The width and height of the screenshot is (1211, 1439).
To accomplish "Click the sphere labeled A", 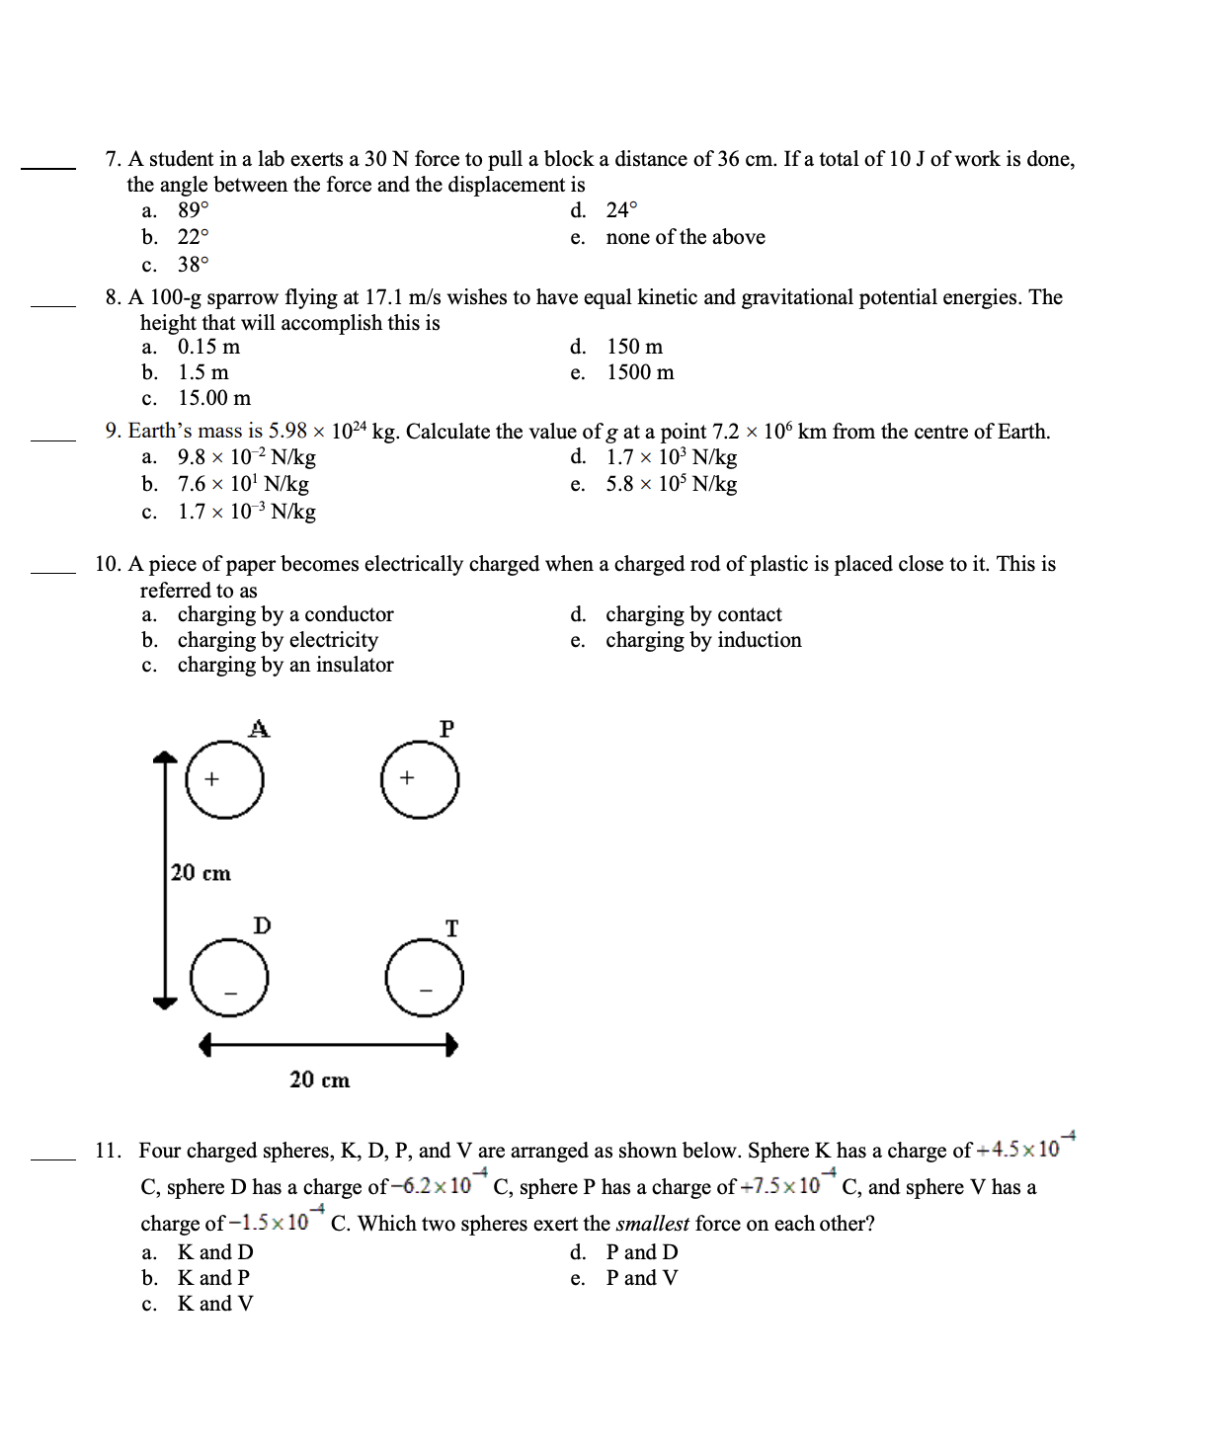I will coord(225,779).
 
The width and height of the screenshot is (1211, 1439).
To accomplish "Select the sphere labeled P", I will coord(420,779).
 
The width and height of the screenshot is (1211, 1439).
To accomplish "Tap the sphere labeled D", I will coord(229,977).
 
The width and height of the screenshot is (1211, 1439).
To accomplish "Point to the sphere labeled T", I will coord(425,977).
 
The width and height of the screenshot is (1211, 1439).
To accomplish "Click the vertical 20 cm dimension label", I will coord(201,873).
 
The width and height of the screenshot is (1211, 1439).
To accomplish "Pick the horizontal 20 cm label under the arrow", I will coord(319,1079).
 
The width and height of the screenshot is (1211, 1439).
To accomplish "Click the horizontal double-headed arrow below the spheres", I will coord(328,1045).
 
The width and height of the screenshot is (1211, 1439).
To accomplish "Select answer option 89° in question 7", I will coord(193,210).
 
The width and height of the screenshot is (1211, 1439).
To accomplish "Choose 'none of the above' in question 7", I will coord(686,237).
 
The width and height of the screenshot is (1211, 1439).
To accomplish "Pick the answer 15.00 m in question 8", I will coord(214,398).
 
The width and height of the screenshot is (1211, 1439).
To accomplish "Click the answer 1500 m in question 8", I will coord(640,372).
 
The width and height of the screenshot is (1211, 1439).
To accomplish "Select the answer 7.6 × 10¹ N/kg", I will coord(243,484).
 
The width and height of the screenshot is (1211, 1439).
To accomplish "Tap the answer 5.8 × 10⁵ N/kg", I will coord(672,484).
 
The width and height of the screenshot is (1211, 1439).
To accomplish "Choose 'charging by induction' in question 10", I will coord(703,640).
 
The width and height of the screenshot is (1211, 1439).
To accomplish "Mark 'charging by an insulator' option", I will coord(285,665).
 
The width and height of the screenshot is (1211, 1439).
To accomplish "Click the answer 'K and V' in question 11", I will coord(215,1304).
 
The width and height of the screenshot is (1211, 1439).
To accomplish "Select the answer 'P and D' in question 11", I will coord(642,1252).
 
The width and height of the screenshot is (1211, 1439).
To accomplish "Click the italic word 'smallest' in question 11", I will coord(652,1224).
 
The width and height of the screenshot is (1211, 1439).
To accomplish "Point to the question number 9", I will coord(113,432).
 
